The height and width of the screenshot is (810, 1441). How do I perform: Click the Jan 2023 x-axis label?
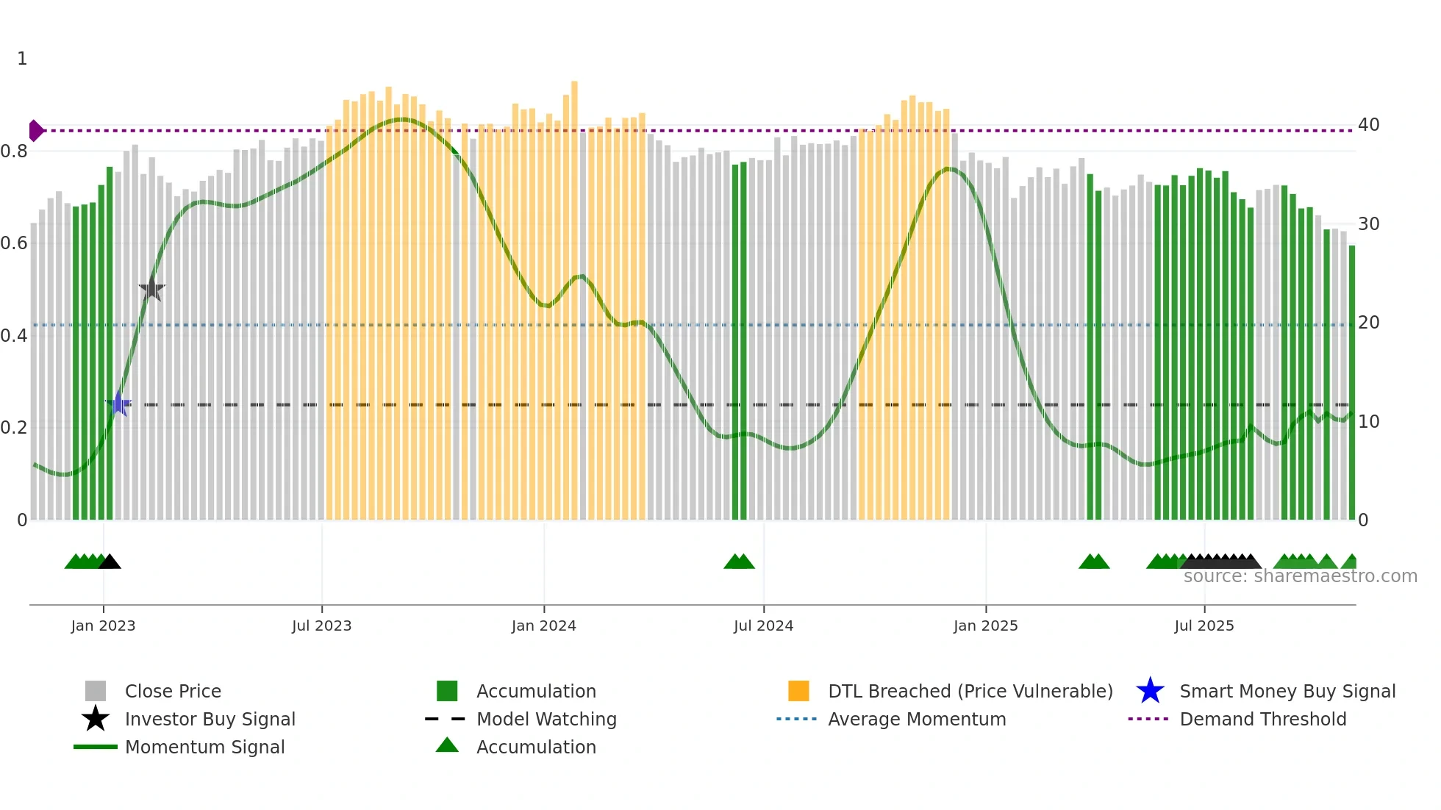103,626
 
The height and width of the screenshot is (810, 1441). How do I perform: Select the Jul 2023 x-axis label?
321,626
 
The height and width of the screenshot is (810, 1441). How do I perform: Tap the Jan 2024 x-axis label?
543,626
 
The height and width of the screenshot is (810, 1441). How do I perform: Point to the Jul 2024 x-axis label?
763,626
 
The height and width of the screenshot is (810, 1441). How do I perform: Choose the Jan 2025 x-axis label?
985,626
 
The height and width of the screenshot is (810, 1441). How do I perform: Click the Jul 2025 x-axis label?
1204,626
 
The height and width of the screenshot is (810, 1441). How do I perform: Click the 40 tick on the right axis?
1368,125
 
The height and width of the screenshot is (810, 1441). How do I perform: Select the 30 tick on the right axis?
1368,224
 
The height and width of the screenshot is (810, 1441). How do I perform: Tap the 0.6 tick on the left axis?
14,243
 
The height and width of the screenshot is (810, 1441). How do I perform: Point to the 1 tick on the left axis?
22,59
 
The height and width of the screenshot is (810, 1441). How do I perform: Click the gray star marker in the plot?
151,289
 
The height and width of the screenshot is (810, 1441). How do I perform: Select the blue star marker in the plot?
118,404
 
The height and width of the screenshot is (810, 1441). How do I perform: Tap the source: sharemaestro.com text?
1300,576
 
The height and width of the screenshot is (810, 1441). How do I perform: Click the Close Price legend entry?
172,691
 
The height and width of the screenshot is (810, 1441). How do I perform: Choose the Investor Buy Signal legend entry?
210,719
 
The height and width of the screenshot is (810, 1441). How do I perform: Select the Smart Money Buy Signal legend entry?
1287,691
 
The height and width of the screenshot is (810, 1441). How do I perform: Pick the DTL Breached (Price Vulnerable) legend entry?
970,691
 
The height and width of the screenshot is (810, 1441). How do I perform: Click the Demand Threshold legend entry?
1262,719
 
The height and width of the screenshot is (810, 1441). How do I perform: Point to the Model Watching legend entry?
546,719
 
